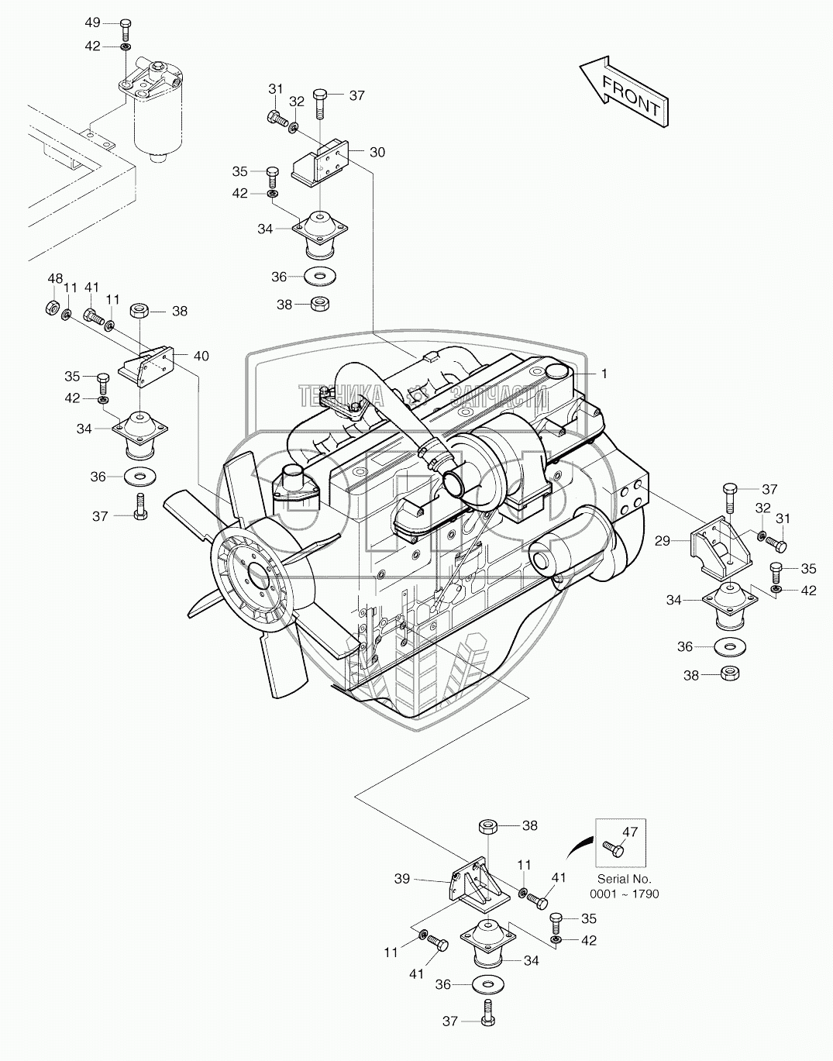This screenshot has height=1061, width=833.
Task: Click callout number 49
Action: click(x=92, y=22)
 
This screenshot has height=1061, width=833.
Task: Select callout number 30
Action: click(x=377, y=153)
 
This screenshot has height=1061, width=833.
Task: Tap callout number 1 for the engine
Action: click(x=604, y=374)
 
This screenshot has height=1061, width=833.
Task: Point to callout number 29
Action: click(x=663, y=540)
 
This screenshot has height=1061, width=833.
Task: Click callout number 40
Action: click(x=201, y=356)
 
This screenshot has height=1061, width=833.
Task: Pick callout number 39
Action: click(x=402, y=880)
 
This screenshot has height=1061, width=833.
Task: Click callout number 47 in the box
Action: click(x=630, y=832)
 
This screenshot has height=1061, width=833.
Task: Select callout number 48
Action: click(x=55, y=279)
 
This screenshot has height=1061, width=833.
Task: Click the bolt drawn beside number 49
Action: click(x=124, y=29)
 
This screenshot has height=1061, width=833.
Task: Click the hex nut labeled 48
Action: click(x=51, y=308)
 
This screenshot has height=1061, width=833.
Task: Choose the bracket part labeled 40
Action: click(x=146, y=367)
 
